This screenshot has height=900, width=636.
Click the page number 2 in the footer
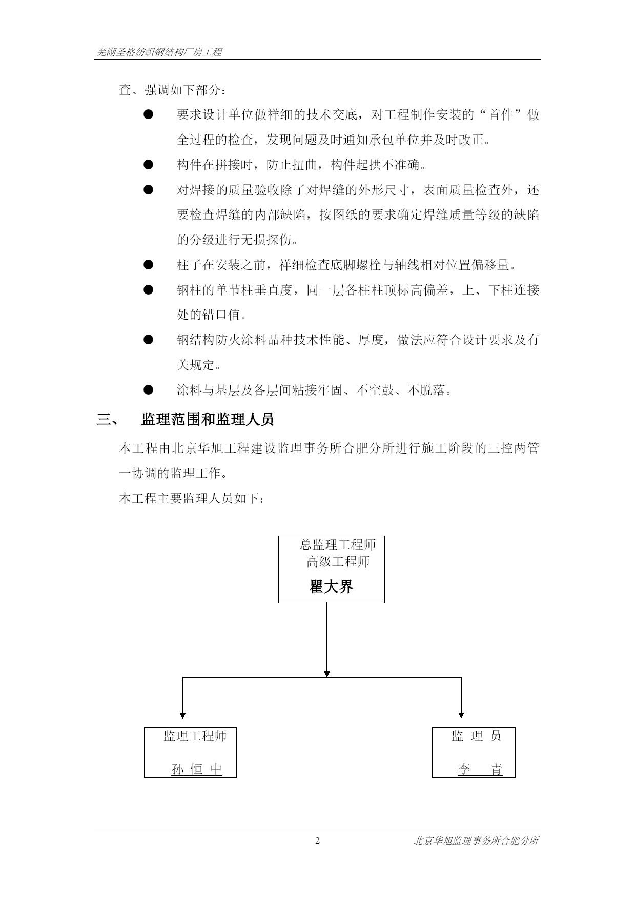point(317,840)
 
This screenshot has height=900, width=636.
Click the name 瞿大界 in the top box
point(331,586)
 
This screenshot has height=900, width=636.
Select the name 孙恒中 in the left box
point(197,769)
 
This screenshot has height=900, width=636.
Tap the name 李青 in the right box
point(480,769)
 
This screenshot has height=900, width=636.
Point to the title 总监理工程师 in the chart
point(338,544)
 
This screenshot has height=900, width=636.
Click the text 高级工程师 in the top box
point(338,562)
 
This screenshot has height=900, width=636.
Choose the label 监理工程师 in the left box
point(195,736)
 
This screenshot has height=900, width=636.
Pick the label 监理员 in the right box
point(476,736)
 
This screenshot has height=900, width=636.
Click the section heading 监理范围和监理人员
point(208,419)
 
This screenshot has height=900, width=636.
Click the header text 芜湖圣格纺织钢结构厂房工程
point(159,52)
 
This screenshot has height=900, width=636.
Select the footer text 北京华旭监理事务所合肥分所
point(476,841)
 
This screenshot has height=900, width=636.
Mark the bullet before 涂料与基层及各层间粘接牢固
point(149,390)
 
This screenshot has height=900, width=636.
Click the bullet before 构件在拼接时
point(149,164)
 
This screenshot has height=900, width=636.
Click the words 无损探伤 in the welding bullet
point(266,240)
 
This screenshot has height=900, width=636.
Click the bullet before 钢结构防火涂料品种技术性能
point(149,340)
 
